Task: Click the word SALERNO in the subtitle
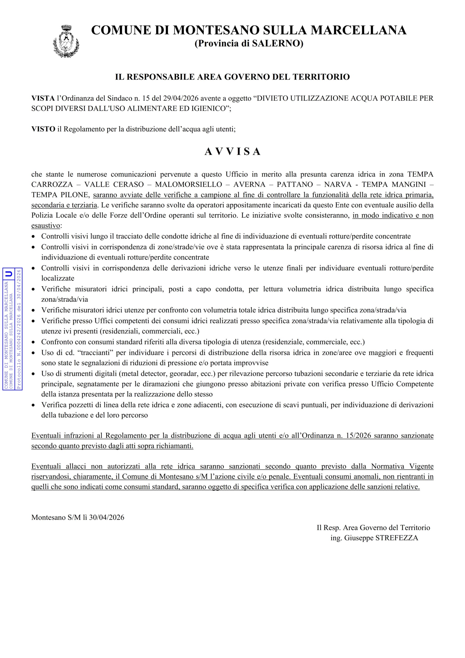[x=277, y=43]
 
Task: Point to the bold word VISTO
[x=43, y=129]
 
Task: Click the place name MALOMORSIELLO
[x=189, y=184]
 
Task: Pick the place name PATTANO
[x=295, y=184]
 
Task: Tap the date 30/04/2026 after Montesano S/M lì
[x=107, y=517]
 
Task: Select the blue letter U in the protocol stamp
[x=9, y=274]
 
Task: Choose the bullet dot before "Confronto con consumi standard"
[x=34, y=342]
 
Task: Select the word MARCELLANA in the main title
[x=358, y=30]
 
